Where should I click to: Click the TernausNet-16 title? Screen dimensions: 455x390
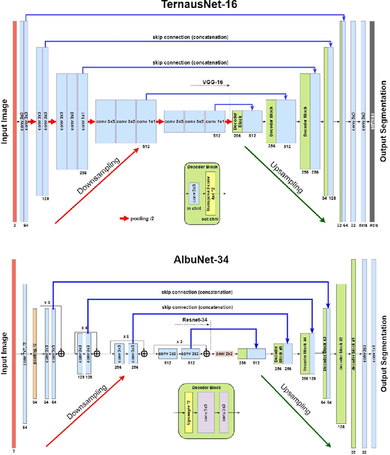(195, 5)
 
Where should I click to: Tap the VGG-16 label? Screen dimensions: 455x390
(211, 81)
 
